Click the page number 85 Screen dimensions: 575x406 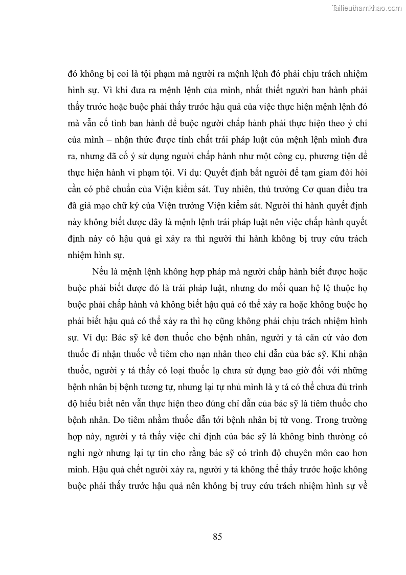217,537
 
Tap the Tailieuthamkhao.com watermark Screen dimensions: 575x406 367,8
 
